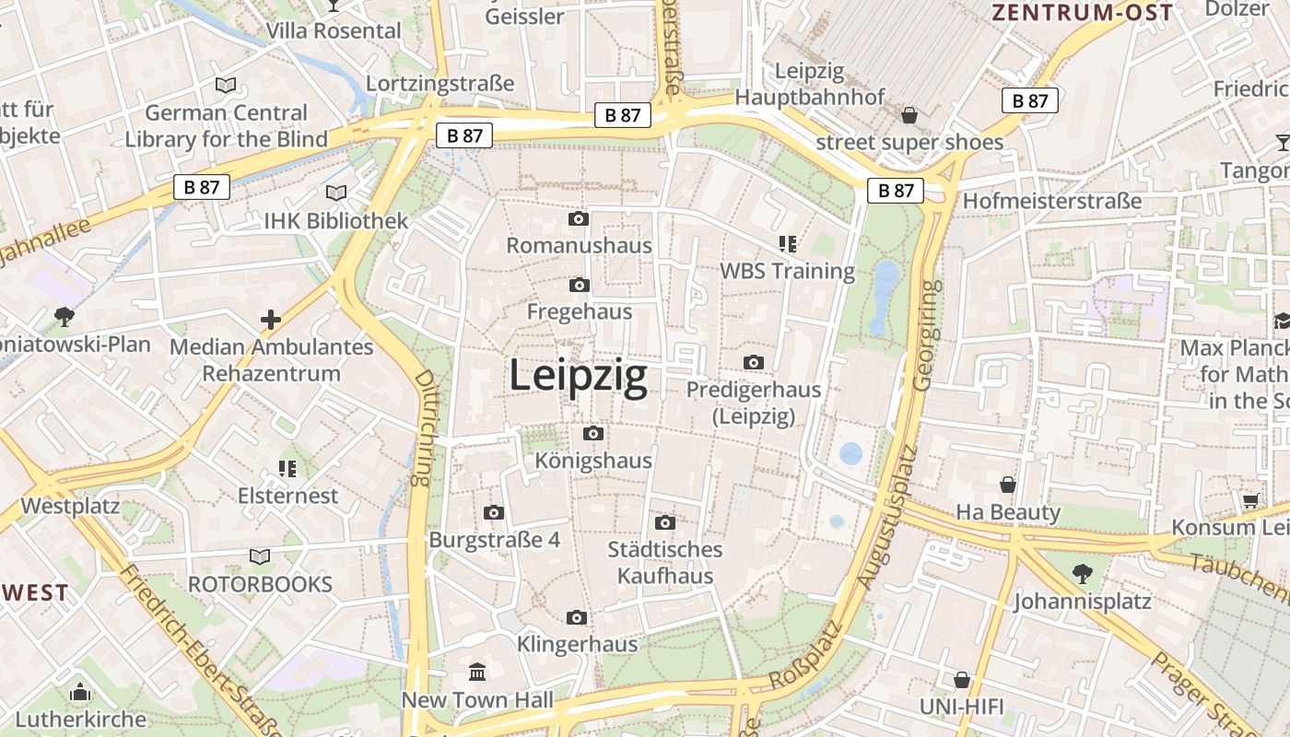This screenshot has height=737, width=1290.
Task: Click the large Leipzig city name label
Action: (578, 377)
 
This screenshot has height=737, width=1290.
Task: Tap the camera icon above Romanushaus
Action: (579, 219)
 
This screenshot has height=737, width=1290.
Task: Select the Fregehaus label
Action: (580, 311)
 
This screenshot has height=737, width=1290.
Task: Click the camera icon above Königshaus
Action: (593, 434)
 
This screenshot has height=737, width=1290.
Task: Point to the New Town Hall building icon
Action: (477, 673)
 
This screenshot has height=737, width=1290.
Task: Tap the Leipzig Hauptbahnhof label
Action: (810, 83)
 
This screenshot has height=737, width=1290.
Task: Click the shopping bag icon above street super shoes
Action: (909, 115)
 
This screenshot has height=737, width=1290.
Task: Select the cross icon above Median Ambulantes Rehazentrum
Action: (271, 320)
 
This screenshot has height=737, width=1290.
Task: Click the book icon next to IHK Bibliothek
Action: (336, 193)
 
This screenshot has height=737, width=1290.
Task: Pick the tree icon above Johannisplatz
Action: (1082, 574)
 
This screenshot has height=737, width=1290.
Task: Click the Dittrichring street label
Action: (423, 427)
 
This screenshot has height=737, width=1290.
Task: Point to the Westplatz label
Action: (70, 506)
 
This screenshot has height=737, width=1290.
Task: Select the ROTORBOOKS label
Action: (260, 584)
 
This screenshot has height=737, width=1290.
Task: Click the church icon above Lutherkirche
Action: (80, 692)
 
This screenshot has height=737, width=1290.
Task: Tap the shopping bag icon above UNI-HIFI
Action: (962, 680)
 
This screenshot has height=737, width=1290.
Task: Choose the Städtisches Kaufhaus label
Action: (665, 563)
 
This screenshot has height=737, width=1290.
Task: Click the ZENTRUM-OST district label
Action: (1082, 12)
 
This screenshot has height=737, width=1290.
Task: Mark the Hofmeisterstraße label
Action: (1052, 201)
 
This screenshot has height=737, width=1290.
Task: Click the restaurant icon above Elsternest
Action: (287, 469)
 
